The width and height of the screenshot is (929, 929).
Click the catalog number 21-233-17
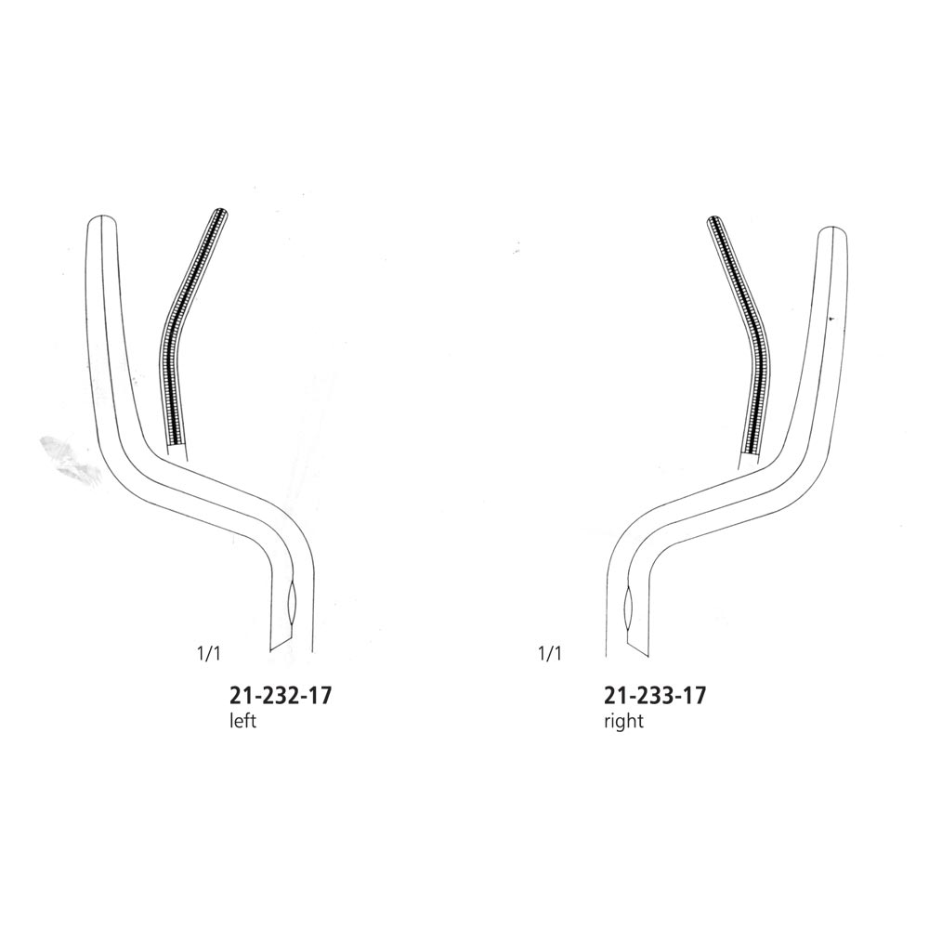(655, 696)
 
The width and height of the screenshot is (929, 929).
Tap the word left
(242, 722)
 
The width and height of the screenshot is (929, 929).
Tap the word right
(623, 722)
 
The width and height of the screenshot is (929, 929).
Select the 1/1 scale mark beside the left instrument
(208, 654)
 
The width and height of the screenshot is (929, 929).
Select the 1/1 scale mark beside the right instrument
(549, 654)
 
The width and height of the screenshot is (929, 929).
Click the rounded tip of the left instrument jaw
(102, 217)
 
